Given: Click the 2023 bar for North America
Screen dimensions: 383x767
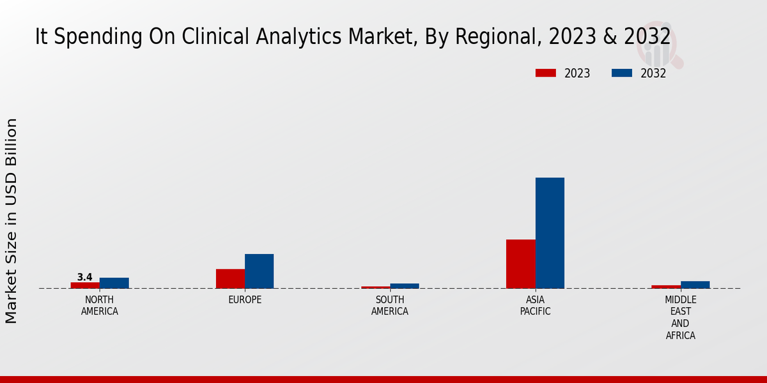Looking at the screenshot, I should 85,285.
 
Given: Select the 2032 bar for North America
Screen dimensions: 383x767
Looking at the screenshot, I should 114,283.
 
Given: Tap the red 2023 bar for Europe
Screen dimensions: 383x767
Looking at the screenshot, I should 230,278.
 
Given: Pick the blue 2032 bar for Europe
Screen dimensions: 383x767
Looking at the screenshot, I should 259,271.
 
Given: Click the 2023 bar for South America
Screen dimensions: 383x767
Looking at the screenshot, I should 375,287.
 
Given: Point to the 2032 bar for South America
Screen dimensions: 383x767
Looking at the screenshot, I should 405,286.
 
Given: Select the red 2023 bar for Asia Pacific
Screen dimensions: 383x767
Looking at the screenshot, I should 520,264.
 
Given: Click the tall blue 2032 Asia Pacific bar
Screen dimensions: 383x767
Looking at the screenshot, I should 550,233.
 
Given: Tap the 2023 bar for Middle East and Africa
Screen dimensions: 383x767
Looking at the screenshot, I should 666,287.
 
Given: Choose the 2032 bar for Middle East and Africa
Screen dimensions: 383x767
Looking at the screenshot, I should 695,285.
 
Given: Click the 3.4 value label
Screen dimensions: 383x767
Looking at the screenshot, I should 84,277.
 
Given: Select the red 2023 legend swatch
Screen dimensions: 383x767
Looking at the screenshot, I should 546,73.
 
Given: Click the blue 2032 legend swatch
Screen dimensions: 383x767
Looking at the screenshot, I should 621,73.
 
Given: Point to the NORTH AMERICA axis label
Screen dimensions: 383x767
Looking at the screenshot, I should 99,306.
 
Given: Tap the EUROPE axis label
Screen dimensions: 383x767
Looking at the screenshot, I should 245,300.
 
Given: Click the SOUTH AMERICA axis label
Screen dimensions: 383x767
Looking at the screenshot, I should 390,306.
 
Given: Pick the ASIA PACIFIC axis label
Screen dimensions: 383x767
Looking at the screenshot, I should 535,306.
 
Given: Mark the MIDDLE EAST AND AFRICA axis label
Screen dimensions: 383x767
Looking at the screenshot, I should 680,317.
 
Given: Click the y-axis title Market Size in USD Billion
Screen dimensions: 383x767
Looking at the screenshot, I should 12,220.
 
